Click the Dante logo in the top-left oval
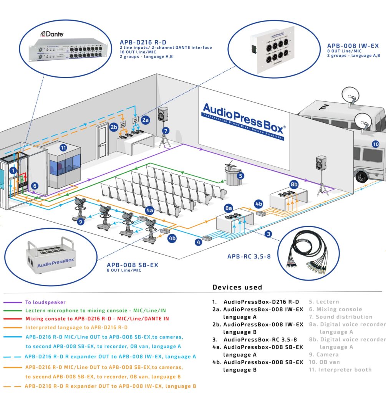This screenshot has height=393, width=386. pos(52,33)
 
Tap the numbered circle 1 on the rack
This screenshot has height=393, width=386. pos(13,170)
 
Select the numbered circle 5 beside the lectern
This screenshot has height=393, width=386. pos(240,176)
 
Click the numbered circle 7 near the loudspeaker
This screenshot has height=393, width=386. pos(166,130)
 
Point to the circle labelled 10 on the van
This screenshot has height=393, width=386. pos(375,144)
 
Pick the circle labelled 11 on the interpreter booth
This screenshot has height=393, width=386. pos(63,147)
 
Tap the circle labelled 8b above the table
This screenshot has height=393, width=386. pos(294,184)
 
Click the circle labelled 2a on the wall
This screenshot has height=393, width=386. pos(146,120)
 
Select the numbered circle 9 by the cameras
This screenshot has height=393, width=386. pos(80,221)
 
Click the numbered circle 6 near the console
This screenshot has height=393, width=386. pos(35,186)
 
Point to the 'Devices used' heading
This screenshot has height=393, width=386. pos(237,287)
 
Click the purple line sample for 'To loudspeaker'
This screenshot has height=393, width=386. pos(12,302)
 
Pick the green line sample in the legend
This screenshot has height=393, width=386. pos(12,310)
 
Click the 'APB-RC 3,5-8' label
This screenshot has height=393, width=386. pos(249,256)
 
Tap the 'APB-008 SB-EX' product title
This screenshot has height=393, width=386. pos(133,265)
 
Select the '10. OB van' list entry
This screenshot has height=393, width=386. pos(325,362)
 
